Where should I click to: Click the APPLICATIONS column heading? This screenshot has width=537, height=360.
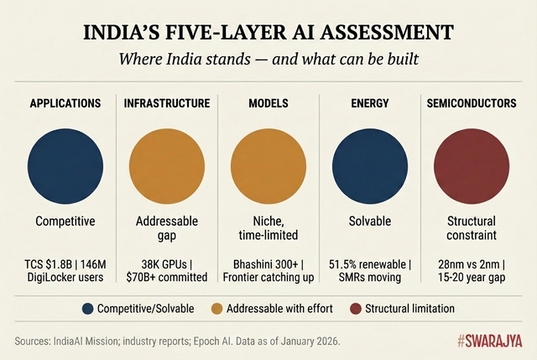tap(65, 103)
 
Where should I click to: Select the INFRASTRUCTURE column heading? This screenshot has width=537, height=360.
tap(167, 103)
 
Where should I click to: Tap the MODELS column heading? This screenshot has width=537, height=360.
tap(268, 103)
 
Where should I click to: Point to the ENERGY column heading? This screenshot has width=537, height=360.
tap(370, 103)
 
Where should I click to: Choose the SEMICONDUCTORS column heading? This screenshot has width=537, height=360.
tap(471, 103)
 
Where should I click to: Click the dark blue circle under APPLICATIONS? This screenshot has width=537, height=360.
tap(65, 164)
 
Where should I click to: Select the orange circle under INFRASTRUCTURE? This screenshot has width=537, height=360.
tap(167, 164)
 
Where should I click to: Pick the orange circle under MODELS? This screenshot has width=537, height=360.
tap(268, 164)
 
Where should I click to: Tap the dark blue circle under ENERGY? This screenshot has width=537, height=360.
tap(370, 164)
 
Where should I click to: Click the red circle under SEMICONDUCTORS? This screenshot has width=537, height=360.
tap(471, 164)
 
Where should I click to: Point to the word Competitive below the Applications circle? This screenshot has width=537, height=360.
tap(65, 222)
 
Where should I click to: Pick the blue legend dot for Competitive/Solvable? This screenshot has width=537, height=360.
tap(86, 308)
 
